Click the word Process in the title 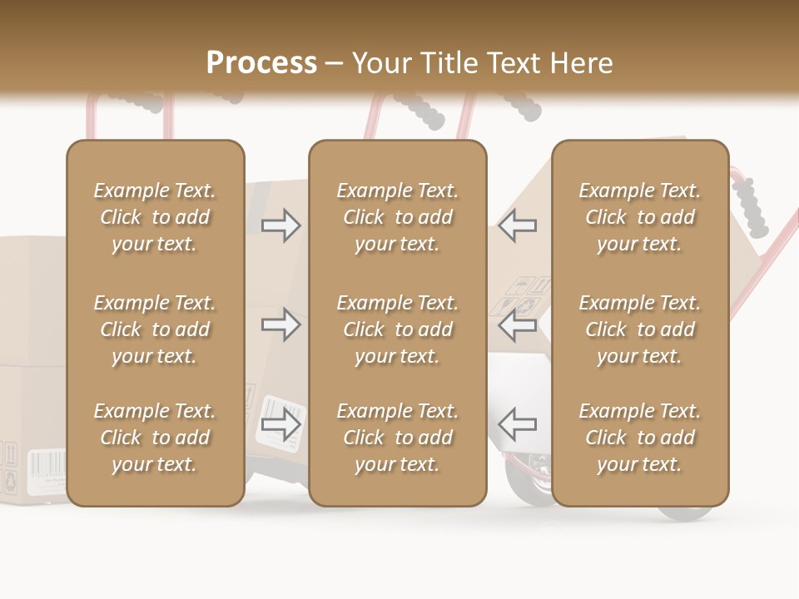click(261, 63)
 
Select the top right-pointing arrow click(280, 225)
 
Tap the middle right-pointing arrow click(280, 324)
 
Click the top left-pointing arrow click(518, 225)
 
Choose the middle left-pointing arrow click(518, 324)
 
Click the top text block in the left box click(155, 217)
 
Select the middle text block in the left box click(155, 329)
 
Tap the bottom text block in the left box click(155, 438)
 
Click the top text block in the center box click(397, 217)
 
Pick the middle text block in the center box click(397, 329)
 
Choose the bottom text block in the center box click(397, 438)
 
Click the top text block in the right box click(640, 217)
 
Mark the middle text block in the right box click(640, 329)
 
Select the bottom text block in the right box click(640, 438)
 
